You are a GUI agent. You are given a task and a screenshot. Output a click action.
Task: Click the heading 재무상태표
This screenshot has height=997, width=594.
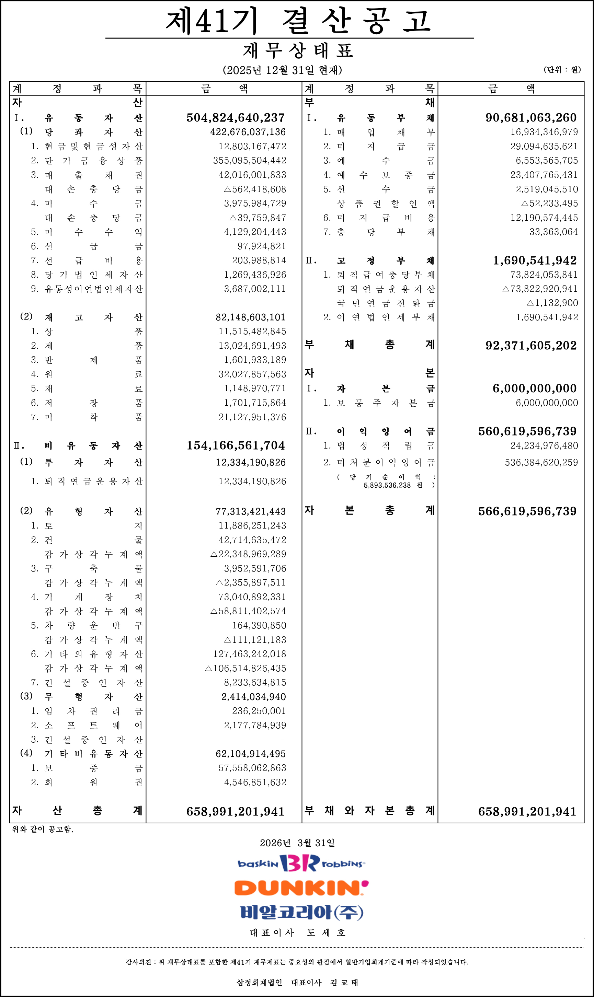pyautogui.click(x=298, y=51)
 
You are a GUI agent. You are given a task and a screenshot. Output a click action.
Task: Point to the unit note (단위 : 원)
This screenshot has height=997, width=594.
pyautogui.click(x=562, y=70)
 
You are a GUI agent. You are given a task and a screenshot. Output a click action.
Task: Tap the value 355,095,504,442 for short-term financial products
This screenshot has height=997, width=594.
pyautogui.click(x=249, y=160)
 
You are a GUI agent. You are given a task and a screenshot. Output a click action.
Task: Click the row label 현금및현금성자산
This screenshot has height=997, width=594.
pyautogui.click(x=93, y=147)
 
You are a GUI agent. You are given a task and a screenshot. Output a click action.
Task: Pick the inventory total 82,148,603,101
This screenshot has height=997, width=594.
pyautogui.click(x=251, y=317)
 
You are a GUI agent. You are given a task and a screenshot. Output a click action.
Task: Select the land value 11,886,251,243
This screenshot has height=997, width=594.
pyautogui.click(x=252, y=525)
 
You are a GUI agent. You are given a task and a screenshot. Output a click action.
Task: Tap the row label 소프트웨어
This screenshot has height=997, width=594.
pyautogui.click(x=93, y=725)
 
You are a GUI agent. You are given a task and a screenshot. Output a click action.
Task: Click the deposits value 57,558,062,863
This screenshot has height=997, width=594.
pyautogui.click(x=252, y=768)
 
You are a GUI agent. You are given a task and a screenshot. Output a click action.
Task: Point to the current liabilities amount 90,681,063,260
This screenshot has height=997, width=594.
pyautogui.click(x=531, y=118)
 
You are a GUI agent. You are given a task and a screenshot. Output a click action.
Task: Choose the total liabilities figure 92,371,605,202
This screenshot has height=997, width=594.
pyautogui.click(x=531, y=345)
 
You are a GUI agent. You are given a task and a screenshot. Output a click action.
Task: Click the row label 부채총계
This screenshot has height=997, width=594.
pyautogui.click(x=369, y=345)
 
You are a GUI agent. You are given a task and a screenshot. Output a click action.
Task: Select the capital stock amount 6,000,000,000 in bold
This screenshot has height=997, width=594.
pyautogui.click(x=534, y=388)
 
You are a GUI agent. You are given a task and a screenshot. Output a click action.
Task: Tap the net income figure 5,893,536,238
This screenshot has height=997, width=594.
pyautogui.click(x=387, y=485)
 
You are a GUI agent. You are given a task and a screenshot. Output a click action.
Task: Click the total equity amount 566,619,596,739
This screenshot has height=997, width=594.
pyautogui.click(x=527, y=511)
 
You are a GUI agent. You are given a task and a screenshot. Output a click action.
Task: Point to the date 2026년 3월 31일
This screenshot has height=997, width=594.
pyautogui.click(x=297, y=843)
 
